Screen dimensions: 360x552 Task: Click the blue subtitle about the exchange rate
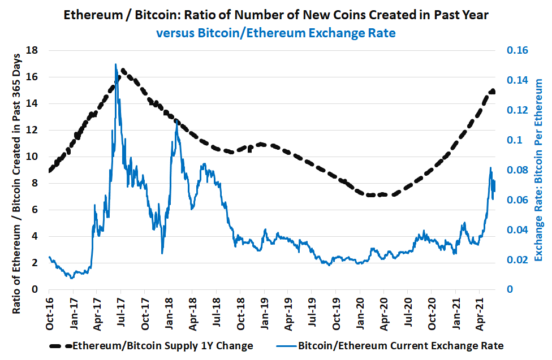click(x=275, y=33)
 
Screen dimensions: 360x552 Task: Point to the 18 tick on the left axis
click(x=32, y=50)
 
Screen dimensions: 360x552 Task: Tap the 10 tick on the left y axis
click(x=32, y=157)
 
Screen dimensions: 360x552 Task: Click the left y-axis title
click(x=17, y=170)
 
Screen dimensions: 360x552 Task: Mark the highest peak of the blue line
click(x=115, y=64)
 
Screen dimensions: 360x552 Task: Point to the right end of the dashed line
click(x=494, y=92)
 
